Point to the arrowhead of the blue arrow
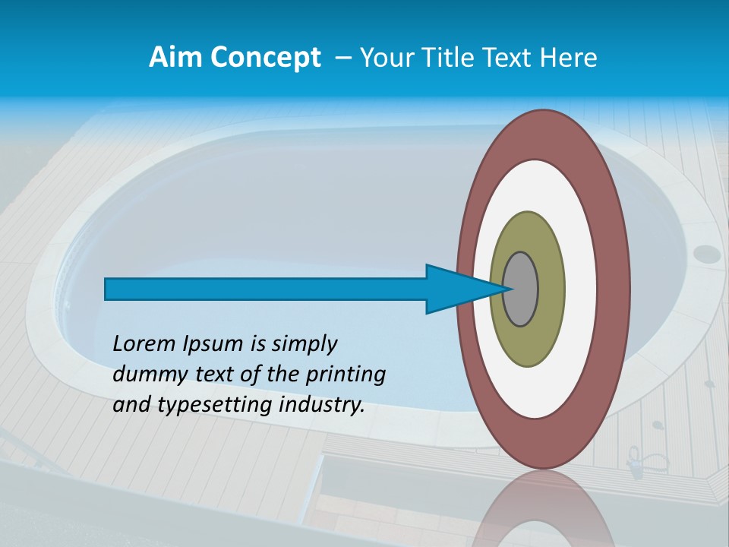(463, 289)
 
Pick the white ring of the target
(580, 289)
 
